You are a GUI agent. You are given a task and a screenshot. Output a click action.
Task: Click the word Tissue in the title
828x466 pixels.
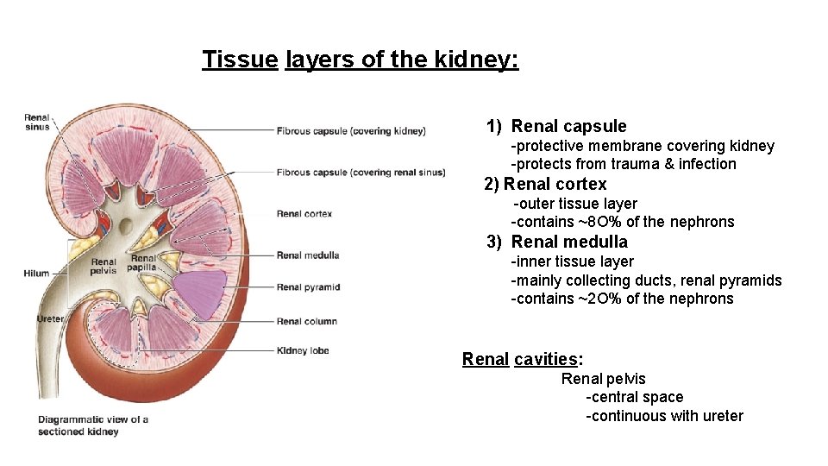tap(240, 60)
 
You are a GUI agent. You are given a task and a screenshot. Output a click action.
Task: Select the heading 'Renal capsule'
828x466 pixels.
tap(568, 127)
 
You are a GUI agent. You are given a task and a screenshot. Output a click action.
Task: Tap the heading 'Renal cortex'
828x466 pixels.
tap(555, 184)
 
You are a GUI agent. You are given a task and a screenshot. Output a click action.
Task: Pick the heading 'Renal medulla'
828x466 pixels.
tap(569, 242)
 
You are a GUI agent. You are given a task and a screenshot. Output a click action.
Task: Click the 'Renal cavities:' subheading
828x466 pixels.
tap(522, 359)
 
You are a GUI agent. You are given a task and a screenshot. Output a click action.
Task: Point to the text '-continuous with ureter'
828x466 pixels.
tap(664, 416)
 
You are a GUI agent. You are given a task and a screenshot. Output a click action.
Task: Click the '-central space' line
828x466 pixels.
tap(634, 397)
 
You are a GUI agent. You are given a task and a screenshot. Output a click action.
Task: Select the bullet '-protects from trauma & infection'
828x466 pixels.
tap(624, 164)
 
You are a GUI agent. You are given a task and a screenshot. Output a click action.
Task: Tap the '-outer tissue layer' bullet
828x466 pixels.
tap(575, 204)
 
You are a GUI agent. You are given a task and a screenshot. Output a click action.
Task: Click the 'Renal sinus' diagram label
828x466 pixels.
tap(37, 123)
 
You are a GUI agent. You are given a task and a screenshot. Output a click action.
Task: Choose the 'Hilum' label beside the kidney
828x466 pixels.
tap(36, 274)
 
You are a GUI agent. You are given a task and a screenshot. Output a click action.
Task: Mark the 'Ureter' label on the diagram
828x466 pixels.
tap(50, 318)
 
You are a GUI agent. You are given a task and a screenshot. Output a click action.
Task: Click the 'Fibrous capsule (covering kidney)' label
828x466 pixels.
tap(351, 131)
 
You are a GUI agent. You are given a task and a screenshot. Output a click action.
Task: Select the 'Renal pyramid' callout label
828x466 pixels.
tap(308, 287)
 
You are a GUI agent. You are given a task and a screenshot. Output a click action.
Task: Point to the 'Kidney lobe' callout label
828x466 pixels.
tap(303, 350)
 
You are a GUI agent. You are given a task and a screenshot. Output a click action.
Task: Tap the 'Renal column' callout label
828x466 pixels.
tap(306, 321)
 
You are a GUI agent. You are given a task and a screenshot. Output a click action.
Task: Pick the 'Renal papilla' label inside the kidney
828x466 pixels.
tap(143, 262)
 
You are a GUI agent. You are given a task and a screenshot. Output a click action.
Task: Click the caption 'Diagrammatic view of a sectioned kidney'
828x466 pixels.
tap(92, 425)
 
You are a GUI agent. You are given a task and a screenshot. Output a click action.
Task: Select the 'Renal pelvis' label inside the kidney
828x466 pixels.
tap(103, 266)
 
